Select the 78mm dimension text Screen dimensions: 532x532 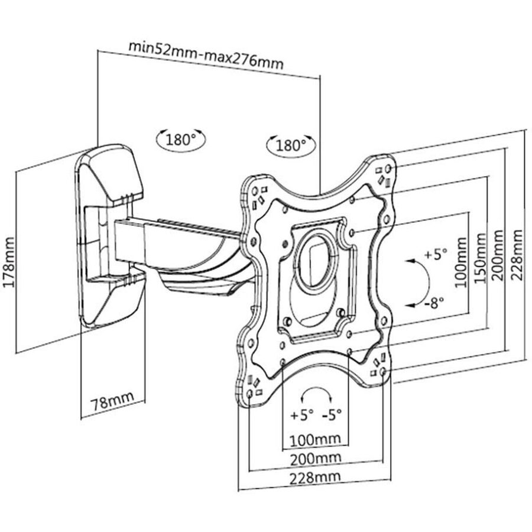112,404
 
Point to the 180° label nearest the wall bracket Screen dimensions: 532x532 180,140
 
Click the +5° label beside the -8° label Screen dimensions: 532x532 436,255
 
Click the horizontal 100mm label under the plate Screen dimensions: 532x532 314,439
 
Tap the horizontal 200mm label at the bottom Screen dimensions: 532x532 314,458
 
